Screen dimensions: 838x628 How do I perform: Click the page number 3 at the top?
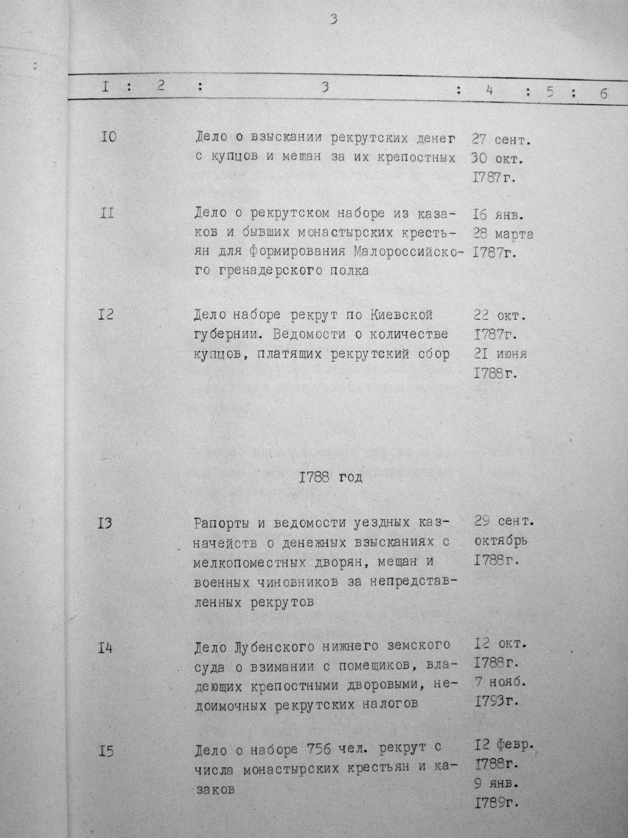(x=333, y=19)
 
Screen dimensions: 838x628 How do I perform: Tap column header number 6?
(x=603, y=93)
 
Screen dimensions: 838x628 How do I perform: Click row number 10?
(x=108, y=137)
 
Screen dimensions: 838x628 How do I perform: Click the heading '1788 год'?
(x=330, y=478)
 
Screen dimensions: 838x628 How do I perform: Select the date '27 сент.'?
(x=501, y=141)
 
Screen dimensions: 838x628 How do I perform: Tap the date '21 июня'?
(x=500, y=354)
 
